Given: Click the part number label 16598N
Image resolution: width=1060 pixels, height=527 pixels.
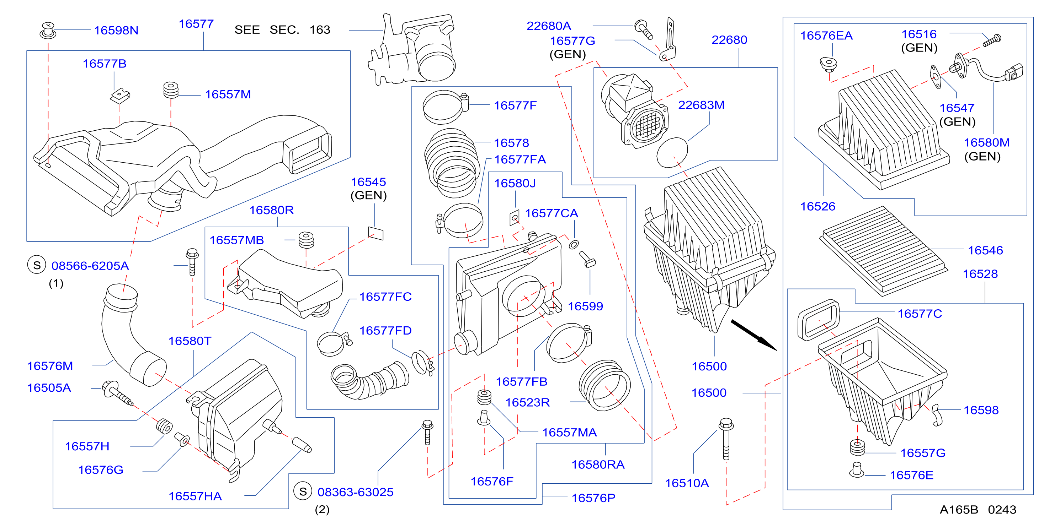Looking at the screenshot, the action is (x=116, y=31).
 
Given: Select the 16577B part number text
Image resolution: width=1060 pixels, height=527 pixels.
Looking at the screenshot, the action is (x=105, y=64).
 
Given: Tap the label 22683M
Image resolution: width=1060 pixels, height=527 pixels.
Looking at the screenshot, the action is (x=701, y=105).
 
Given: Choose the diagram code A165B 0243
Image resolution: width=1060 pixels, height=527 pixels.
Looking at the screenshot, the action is (x=978, y=510).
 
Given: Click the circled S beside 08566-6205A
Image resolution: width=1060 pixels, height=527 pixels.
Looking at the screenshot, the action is (x=37, y=265).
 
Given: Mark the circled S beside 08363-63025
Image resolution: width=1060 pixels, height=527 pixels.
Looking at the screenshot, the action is (x=303, y=491).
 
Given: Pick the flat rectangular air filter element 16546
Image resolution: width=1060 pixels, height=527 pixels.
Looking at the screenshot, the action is (x=884, y=251).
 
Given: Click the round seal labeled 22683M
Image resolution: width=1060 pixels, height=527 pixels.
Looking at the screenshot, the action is (x=672, y=152).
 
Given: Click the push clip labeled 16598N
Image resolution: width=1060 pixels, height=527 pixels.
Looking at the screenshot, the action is (x=48, y=31).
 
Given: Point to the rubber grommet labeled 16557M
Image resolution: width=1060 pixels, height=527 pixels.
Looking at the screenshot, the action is (x=171, y=91).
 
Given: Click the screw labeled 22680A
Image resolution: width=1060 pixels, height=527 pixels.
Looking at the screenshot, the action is (x=644, y=29).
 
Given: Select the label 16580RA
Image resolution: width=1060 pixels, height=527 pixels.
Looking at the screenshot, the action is (x=598, y=464).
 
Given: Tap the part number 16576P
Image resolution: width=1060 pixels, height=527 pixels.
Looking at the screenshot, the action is (x=593, y=498).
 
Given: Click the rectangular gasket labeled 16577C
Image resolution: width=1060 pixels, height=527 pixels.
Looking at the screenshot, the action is (x=819, y=320).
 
